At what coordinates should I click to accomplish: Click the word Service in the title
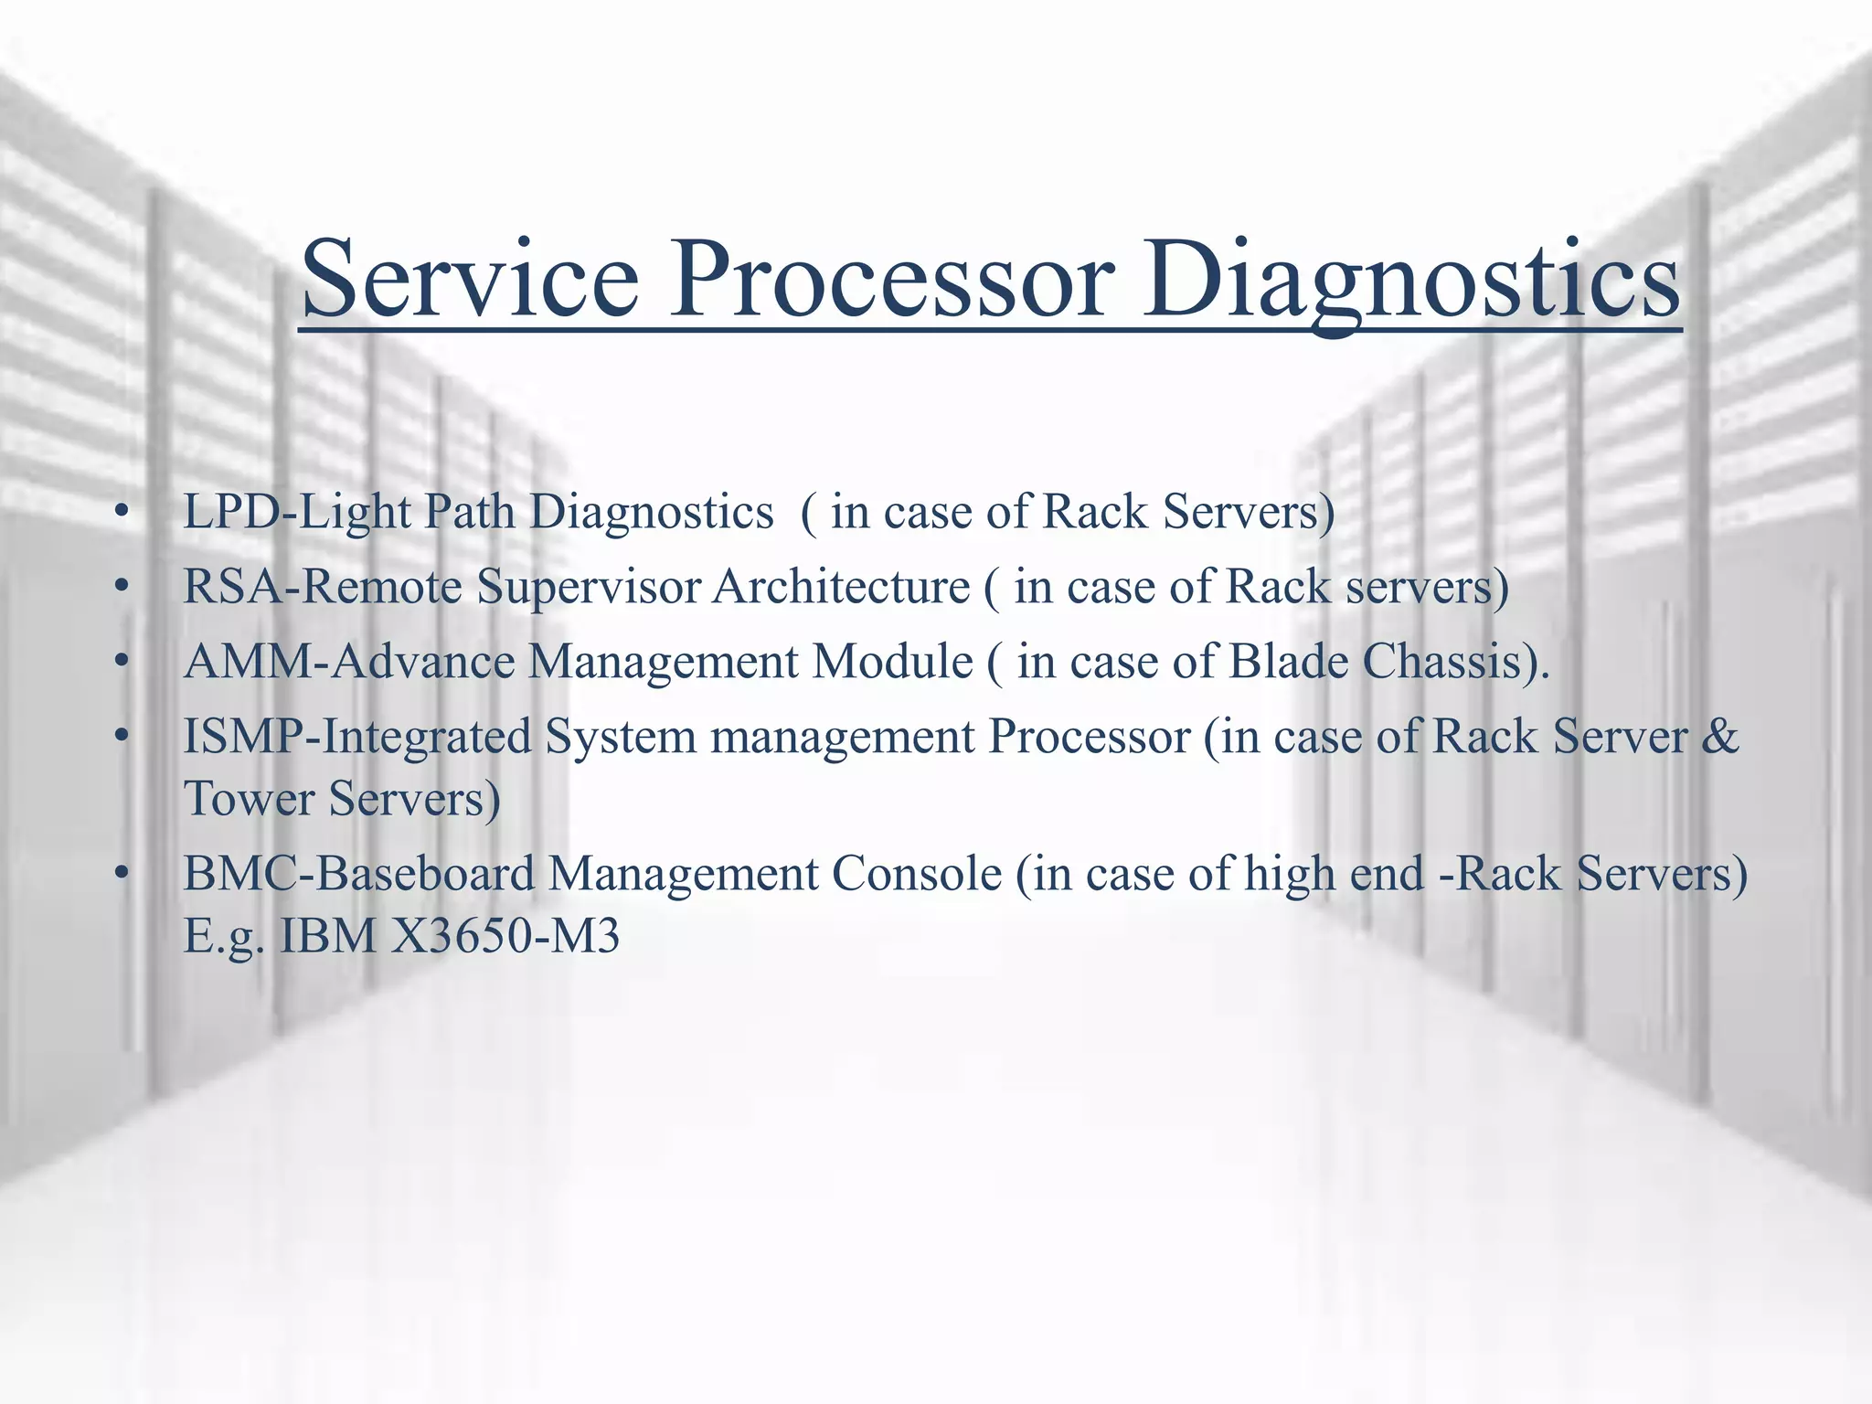[470, 279]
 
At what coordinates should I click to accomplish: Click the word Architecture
[841, 587]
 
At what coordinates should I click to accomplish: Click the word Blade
[1288, 662]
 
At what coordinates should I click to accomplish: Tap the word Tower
[249, 799]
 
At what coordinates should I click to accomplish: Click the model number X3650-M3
[505, 936]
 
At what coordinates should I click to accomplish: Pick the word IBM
[327, 936]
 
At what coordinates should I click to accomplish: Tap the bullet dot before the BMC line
[120, 875]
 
